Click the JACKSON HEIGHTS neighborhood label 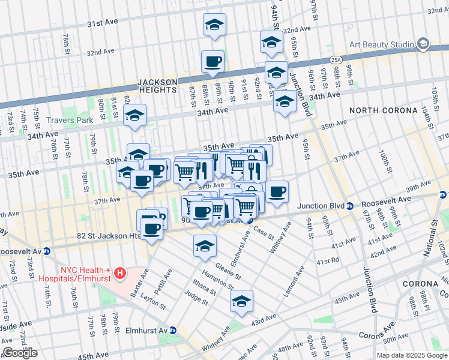click(x=157, y=86)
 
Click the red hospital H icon click(x=120, y=274)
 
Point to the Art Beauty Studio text click(x=382, y=44)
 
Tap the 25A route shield click(x=337, y=59)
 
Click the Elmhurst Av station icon click(x=172, y=330)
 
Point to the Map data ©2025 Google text click(x=412, y=355)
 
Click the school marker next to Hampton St click(x=205, y=246)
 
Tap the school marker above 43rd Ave click(x=241, y=301)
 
